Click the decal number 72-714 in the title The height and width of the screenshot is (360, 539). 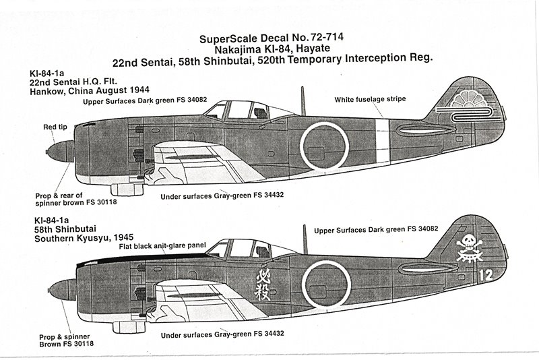click(322, 37)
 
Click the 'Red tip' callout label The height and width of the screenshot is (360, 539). click(55, 127)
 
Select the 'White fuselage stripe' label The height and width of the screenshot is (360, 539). click(370, 99)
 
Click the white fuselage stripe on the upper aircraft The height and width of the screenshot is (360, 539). click(383, 143)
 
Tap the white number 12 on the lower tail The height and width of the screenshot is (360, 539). click(485, 275)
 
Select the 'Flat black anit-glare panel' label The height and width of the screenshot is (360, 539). click(162, 246)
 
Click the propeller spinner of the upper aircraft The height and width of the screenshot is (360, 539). click(61, 152)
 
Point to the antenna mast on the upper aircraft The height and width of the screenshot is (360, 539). click(303, 101)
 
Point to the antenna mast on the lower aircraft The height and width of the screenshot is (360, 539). click(305, 239)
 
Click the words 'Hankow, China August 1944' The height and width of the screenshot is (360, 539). click(90, 91)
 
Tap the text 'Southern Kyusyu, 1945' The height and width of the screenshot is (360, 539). click(84, 237)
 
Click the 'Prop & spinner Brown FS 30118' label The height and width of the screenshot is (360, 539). click(66, 340)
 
